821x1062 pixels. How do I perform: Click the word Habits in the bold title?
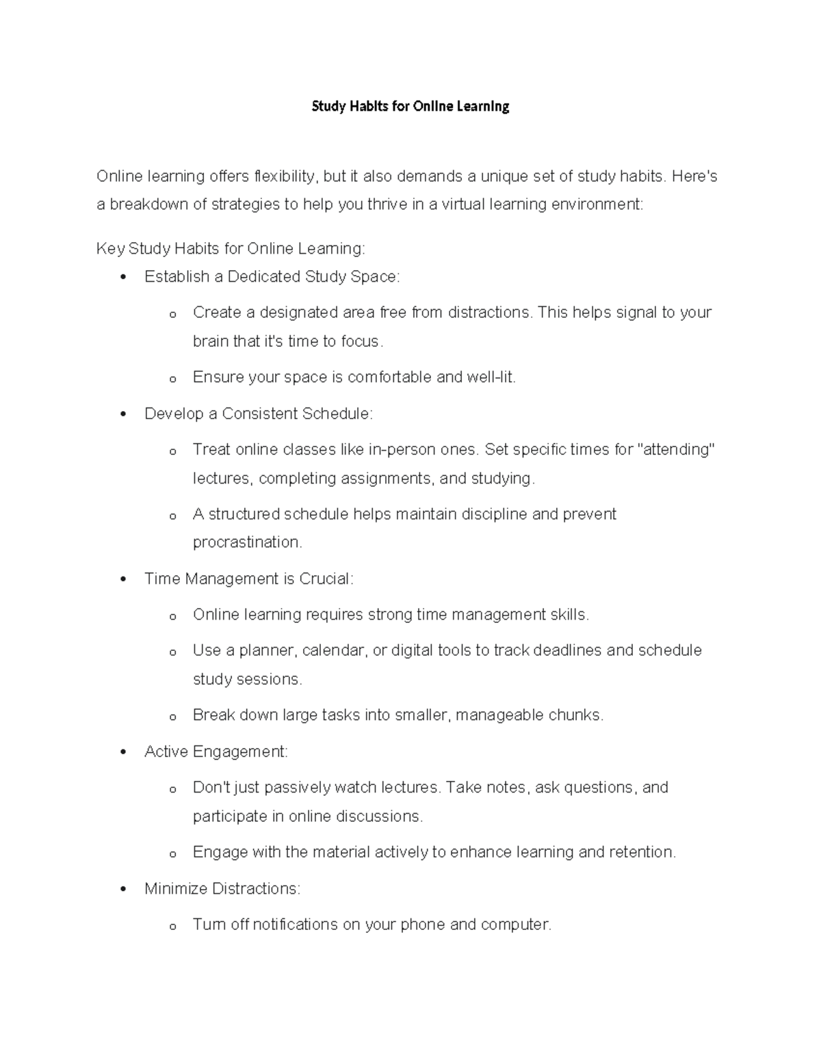[x=369, y=107]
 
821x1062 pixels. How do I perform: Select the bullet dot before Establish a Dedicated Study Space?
[x=123, y=277]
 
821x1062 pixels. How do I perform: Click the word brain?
[x=211, y=341]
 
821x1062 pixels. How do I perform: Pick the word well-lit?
[x=491, y=377]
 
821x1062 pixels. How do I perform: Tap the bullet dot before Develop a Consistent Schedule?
[x=123, y=414]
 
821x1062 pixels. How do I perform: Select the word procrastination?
[x=247, y=542]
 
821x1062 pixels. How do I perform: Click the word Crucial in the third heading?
[x=325, y=579]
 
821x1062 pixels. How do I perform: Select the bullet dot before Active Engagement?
[x=123, y=752]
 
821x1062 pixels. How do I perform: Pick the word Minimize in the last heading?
[x=176, y=888]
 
